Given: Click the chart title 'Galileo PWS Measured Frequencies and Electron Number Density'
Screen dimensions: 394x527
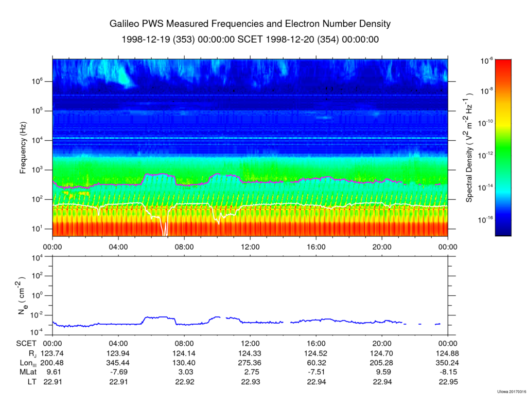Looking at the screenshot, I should click(250, 24).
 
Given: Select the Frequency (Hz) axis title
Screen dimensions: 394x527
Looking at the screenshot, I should click(23, 151).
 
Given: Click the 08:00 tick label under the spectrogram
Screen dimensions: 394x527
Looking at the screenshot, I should click(184, 246).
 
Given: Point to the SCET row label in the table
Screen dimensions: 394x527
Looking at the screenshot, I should click(26, 343).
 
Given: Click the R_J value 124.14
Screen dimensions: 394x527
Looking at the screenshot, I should click(184, 353).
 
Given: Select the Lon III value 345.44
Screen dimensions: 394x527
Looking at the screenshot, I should click(118, 362).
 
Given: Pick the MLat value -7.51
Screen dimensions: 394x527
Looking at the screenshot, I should click(315, 371).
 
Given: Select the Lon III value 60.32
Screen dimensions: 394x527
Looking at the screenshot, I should click(315, 362).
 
